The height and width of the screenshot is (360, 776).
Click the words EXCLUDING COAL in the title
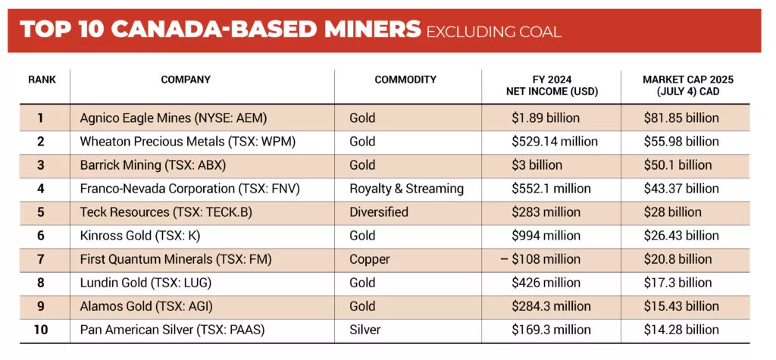coord(493,31)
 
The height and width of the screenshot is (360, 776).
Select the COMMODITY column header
coord(405,80)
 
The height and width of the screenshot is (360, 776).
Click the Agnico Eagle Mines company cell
coord(174,118)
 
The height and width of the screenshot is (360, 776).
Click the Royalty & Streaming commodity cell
coord(406,189)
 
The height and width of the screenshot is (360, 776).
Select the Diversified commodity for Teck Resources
coord(379,212)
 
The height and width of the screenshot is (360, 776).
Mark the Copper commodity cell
coord(369,259)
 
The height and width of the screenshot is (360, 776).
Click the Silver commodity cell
coord(365,330)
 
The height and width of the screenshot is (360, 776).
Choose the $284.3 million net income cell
coord(551,306)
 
